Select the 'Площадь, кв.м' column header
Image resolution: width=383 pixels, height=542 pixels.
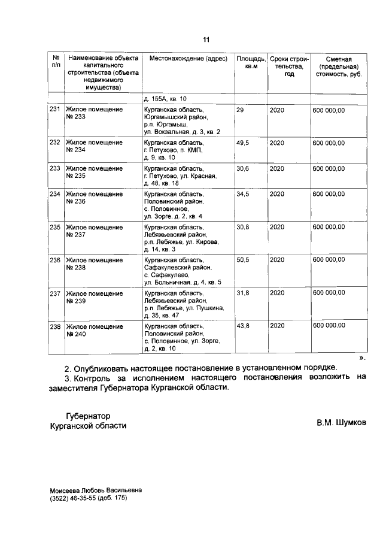pos(251,63)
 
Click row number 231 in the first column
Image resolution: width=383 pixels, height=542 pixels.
pos(55,110)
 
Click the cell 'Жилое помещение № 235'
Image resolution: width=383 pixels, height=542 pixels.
pos(93,172)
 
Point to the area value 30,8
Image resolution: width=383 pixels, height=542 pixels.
pos(242,227)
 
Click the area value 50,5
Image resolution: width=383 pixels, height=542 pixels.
pos(242,260)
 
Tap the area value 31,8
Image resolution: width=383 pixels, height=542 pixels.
pos(242,292)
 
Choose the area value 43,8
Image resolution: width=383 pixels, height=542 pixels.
pos(242,325)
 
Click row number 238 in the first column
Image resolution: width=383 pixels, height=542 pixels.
pos(55,325)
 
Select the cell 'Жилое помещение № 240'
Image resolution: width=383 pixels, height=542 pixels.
pos(93,329)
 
